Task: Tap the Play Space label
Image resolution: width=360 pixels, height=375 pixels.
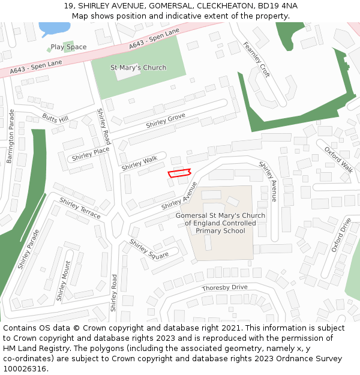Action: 68,47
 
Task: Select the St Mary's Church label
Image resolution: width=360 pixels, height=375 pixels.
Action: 139,68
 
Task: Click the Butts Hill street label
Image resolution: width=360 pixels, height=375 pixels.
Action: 55,118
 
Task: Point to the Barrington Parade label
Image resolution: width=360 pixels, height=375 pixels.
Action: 10,136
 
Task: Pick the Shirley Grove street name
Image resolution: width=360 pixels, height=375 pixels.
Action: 166,121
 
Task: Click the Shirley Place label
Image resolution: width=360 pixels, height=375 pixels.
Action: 91,154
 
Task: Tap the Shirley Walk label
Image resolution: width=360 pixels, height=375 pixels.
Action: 139,163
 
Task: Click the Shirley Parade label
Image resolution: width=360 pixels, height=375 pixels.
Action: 28,248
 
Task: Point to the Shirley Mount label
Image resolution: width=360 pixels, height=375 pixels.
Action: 64,281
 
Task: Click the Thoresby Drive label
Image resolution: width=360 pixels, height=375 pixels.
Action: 224,288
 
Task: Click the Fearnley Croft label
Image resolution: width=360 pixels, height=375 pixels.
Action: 256,59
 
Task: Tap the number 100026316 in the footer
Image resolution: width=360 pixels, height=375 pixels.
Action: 25,369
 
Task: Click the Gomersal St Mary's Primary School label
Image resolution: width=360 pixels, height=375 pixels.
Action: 220,223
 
